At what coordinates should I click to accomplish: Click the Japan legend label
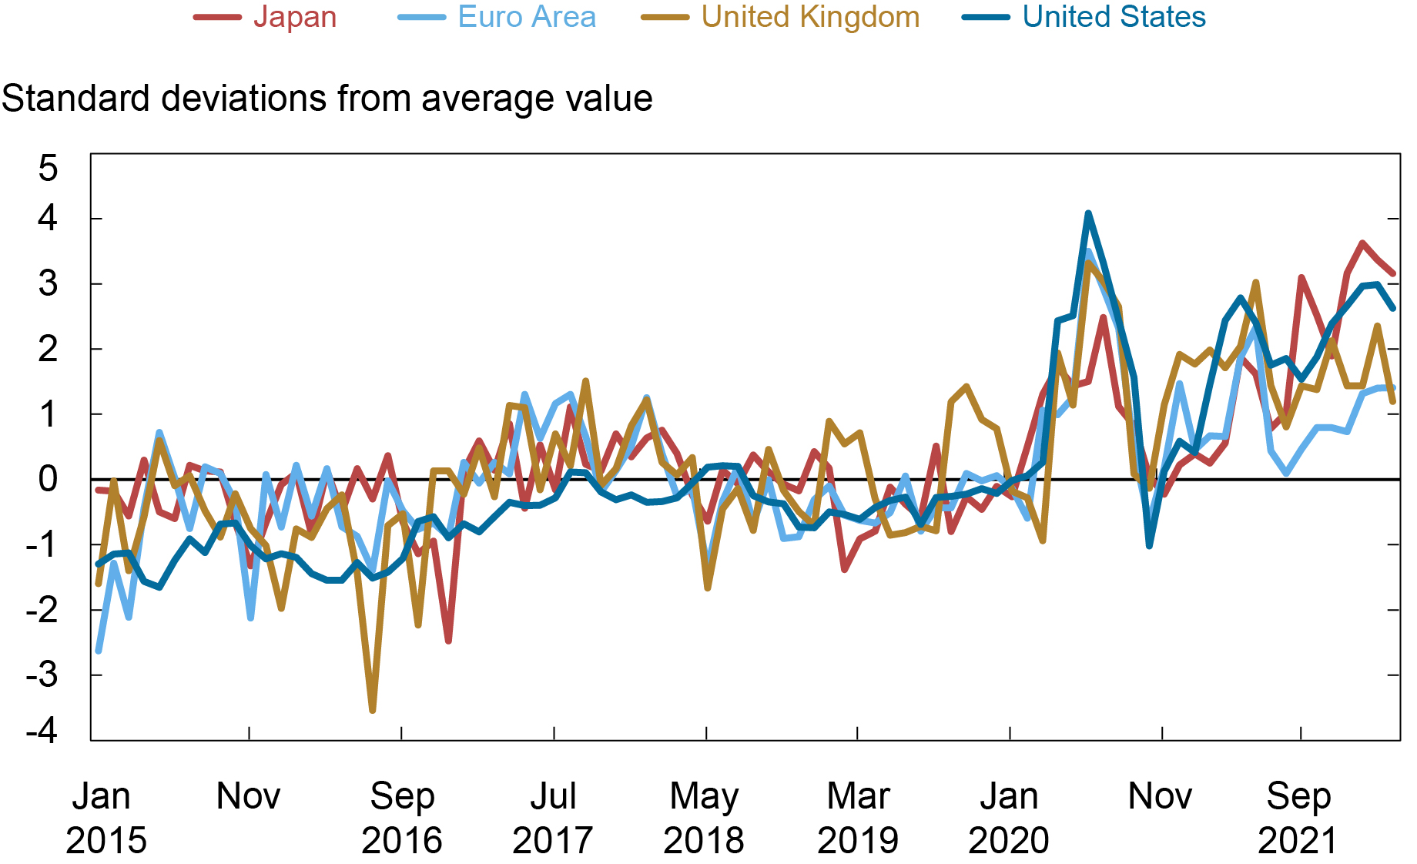(295, 17)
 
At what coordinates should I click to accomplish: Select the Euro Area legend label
(526, 17)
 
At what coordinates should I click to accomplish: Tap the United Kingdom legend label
(810, 17)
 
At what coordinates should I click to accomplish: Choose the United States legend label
(1114, 17)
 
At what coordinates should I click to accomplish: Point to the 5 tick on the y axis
(48, 168)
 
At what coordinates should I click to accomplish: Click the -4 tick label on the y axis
(42, 730)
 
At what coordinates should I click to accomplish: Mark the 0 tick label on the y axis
(48, 480)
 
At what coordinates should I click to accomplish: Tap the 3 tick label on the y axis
(48, 284)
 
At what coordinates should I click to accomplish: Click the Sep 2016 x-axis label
(401, 818)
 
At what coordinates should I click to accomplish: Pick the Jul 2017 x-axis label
(552, 818)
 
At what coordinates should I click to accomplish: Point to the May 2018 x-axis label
(703, 818)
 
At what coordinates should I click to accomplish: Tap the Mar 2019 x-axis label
(857, 818)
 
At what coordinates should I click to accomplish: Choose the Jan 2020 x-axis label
(1008, 818)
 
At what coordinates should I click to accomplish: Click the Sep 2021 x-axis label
(1298, 818)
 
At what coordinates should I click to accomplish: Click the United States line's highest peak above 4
(1087, 213)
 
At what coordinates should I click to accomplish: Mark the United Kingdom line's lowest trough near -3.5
(373, 710)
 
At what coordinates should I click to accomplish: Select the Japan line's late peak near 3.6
(1362, 243)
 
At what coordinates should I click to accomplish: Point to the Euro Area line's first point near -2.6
(99, 651)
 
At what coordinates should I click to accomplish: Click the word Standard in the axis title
(75, 99)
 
